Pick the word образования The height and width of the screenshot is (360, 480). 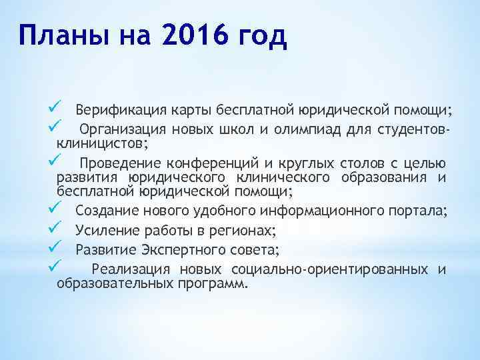pos(386,177)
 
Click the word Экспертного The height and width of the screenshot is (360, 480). pos(195,250)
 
